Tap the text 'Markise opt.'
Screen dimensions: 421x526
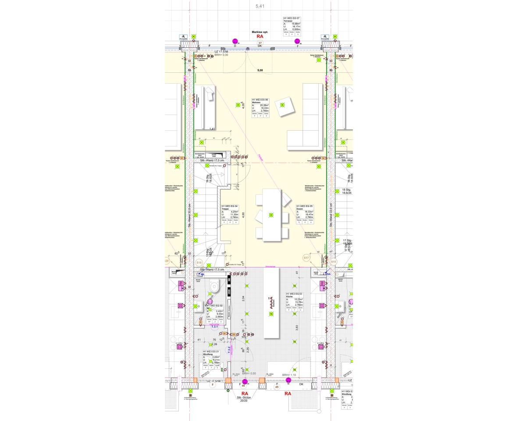[x=259, y=32]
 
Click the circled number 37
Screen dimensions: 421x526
[x=259, y=42]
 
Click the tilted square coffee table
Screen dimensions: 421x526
[x=283, y=106]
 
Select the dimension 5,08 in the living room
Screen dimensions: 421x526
[x=260, y=70]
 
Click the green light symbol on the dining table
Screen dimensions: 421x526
[x=271, y=215]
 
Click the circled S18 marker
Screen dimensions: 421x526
[x=199, y=262]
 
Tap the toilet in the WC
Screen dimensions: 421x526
[x=214, y=286]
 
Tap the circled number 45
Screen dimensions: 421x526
[x=277, y=387]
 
